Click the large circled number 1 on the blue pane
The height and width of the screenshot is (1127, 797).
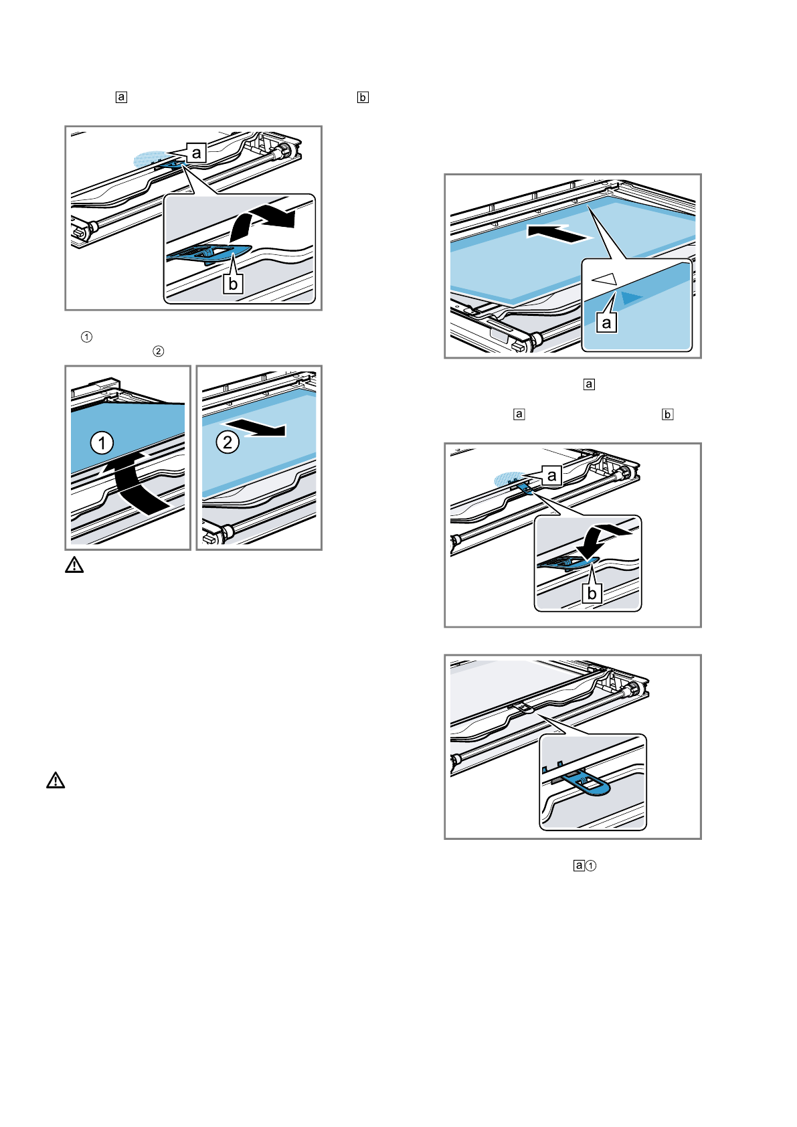coord(102,443)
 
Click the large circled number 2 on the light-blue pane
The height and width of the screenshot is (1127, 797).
coord(228,442)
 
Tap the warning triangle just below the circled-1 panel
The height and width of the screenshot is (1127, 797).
coord(74,566)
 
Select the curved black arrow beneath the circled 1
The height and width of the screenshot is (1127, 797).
coord(134,482)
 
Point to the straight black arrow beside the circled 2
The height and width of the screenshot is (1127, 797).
coord(258,428)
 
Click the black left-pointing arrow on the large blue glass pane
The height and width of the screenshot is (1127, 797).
coord(559,234)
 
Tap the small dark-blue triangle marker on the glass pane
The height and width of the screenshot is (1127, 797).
coord(630,297)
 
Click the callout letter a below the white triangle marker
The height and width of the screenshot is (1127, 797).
coord(607,323)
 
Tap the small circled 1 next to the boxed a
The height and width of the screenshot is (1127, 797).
coord(591,865)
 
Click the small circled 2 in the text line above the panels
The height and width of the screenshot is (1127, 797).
coord(159,351)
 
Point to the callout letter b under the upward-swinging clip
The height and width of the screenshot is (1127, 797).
coord(233,284)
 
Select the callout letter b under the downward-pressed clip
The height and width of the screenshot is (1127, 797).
coord(592,594)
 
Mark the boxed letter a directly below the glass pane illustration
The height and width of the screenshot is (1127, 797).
coord(589,384)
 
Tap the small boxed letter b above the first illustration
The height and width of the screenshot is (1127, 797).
coord(363,97)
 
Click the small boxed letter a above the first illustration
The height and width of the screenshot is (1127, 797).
coord(121,97)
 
